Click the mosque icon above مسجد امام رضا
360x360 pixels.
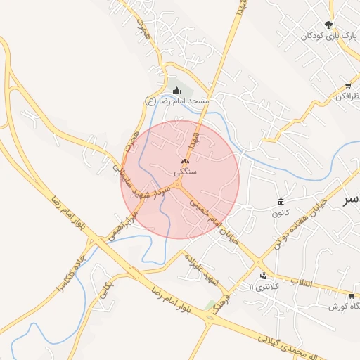[x=177, y=89]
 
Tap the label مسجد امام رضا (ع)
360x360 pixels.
[x=177, y=101]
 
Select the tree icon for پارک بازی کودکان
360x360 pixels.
[x=328, y=25]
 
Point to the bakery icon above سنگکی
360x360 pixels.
[x=185, y=161]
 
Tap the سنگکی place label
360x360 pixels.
[x=185, y=172]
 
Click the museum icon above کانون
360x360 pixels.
[x=281, y=202]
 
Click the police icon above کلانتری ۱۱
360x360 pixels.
[x=263, y=276]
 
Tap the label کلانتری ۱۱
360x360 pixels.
[x=264, y=288]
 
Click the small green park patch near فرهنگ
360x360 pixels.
[x=210, y=305]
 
